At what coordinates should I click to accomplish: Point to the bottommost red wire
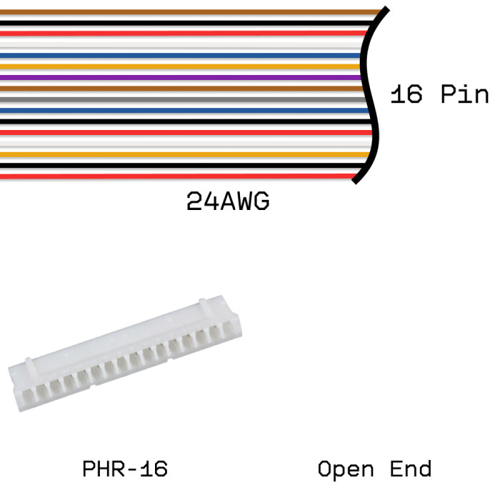click(x=179, y=176)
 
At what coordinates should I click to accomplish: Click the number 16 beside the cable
click(x=406, y=95)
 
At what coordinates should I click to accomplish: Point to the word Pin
click(x=464, y=95)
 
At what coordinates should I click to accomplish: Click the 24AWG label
click(x=228, y=202)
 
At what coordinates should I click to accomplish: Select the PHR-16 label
click(x=125, y=469)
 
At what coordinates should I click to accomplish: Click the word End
click(x=411, y=469)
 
